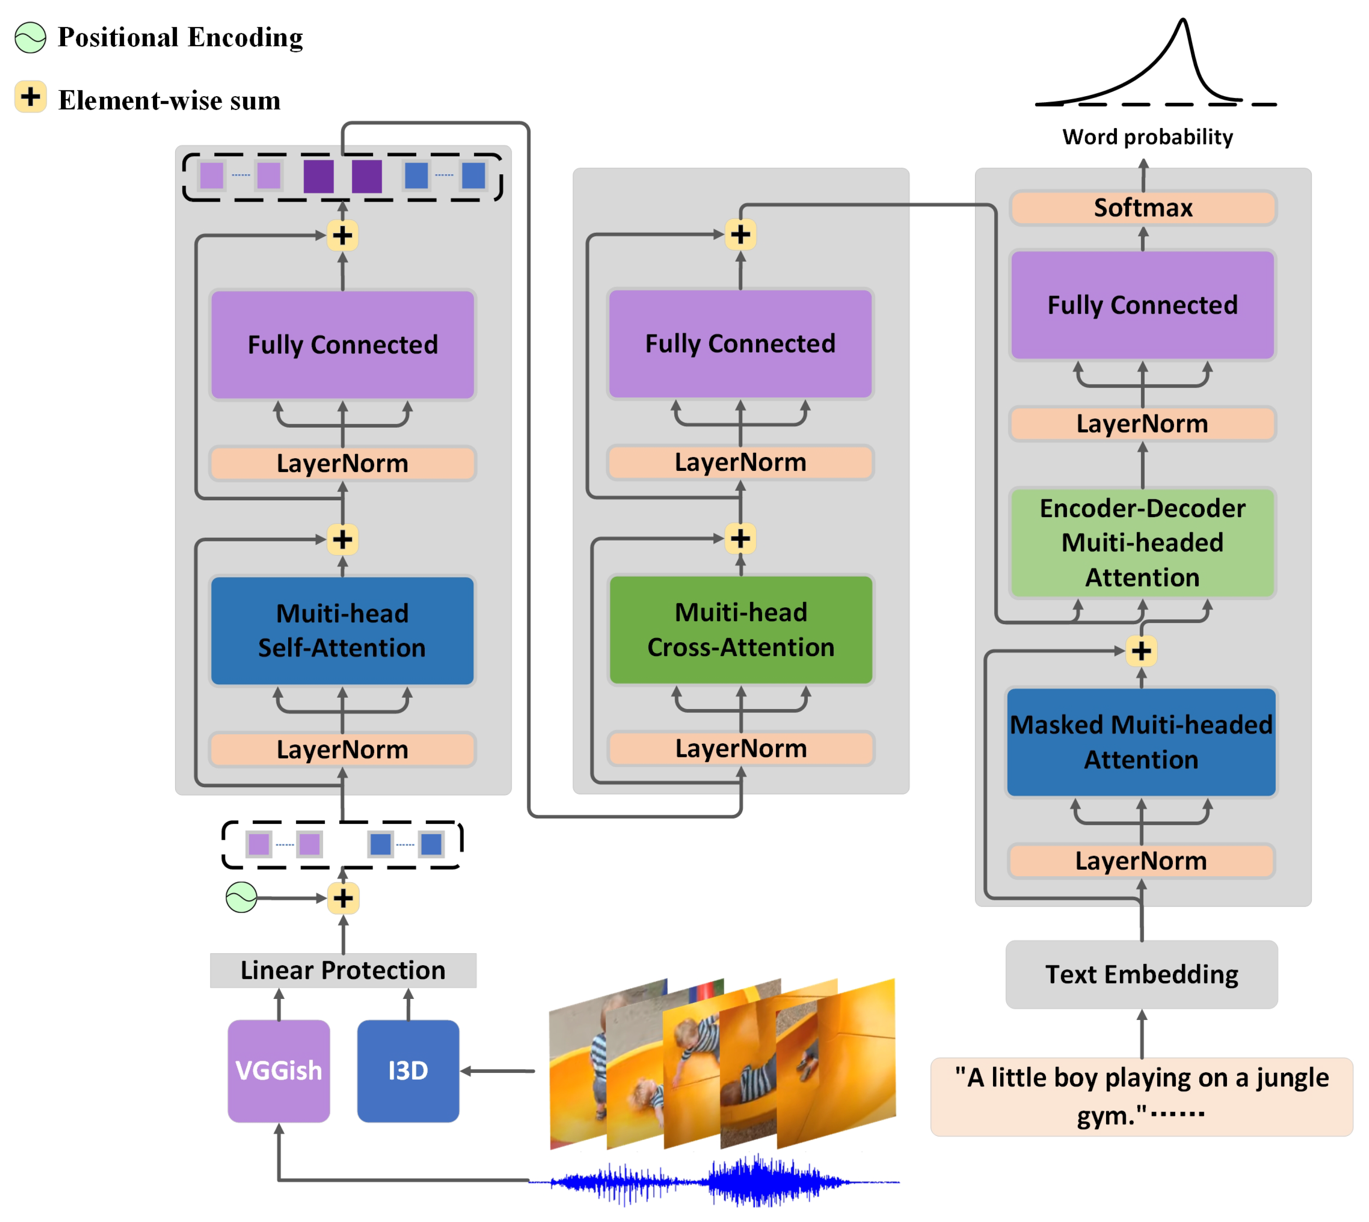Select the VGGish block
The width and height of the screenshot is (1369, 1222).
279,1070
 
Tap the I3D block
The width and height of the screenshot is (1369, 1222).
408,1070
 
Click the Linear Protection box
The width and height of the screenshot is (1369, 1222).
343,970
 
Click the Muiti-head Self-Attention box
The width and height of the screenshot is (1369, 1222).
342,631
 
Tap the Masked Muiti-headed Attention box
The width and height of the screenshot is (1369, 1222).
1141,742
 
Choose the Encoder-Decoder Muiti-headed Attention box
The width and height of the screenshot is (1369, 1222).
1142,542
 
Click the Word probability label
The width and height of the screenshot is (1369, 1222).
1148,137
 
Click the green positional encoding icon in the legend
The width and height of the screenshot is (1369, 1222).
30,38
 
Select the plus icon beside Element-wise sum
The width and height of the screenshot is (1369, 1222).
30,97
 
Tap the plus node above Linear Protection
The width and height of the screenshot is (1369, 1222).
343,899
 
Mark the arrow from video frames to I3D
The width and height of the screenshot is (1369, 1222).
497,1071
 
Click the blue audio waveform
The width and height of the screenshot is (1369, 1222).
715,1180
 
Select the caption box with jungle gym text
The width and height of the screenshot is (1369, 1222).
1141,1096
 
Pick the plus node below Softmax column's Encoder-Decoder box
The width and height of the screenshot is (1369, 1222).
1141,651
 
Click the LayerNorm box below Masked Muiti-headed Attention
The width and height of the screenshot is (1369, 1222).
1141,861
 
